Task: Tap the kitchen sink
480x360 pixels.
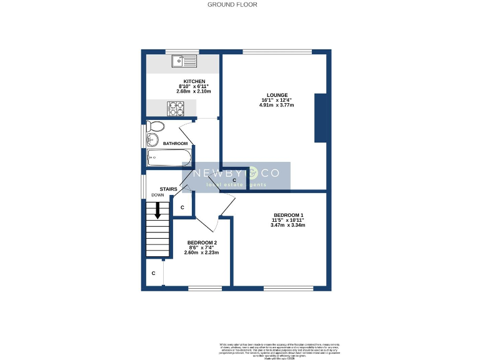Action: coord(184,61)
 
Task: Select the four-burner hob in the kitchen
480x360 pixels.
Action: coord(176,109)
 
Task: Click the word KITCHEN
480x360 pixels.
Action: coord(194,81)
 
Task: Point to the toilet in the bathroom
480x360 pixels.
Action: coord(156,127)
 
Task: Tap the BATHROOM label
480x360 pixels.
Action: coord(175,144)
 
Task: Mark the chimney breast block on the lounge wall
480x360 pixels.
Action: coord(321,117)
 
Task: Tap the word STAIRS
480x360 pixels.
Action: coord(169,189)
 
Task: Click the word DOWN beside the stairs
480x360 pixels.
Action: coord(157,196)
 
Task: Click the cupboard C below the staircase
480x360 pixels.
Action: coord(154,274)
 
